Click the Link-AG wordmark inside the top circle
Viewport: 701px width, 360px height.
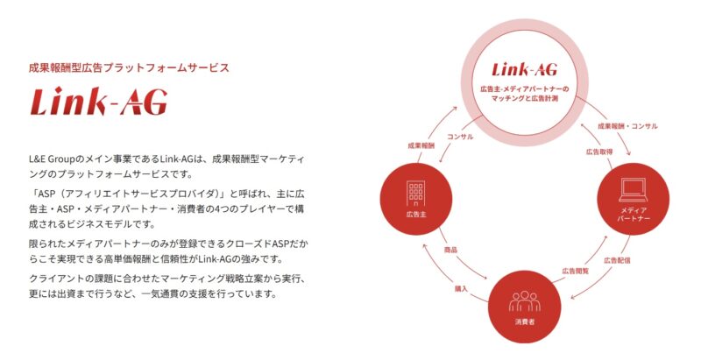tap(525, 69)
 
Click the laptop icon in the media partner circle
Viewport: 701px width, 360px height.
tap(634, 188)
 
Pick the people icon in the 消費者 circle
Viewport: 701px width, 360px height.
tap(525, 300)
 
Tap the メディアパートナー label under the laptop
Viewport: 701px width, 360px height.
tap(634, 215)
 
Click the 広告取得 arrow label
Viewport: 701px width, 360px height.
tap(599, 152)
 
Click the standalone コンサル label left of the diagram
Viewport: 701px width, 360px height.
tap(461, 137)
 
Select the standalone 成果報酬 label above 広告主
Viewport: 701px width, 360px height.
tap(421, 145)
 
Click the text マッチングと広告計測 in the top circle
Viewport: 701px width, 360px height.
tap(525, 100)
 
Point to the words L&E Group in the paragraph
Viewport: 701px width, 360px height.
tap(56, 159)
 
